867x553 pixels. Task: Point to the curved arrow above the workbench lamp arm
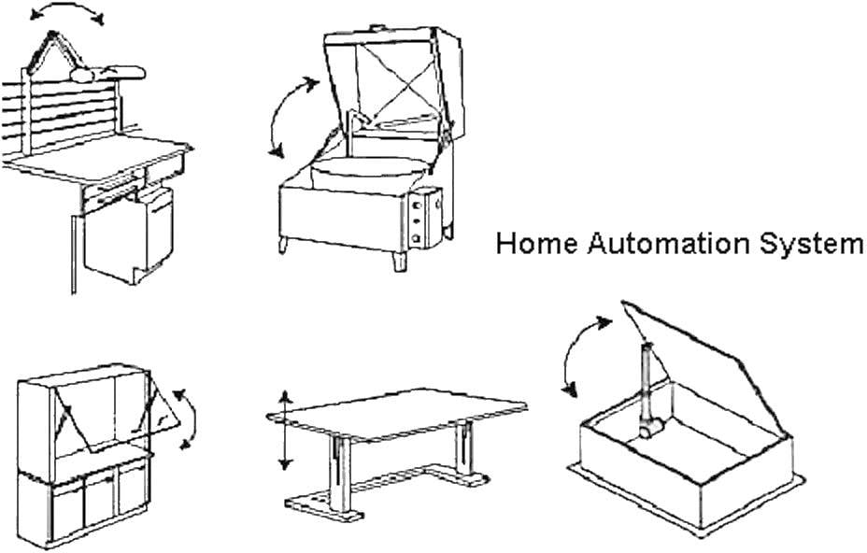click(x=65, y=14)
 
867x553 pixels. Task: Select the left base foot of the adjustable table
click(x=322, y=505)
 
